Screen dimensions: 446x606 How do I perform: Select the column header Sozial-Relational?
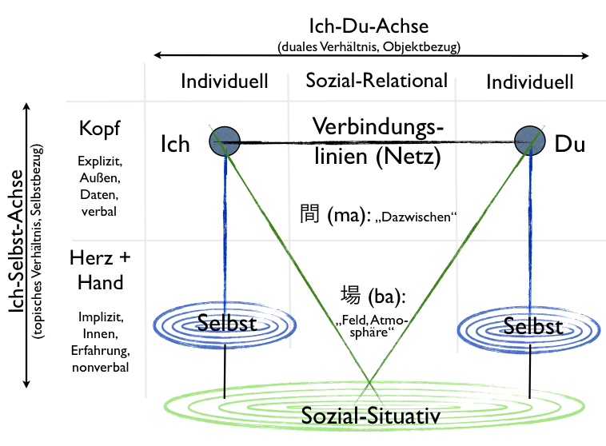pos(377,81)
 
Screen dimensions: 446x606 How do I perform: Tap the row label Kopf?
pos(101,129)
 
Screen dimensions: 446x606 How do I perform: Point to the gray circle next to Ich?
pos(225,141)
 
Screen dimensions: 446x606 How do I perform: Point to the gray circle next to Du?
pos(530,141)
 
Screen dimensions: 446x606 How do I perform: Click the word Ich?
pos(175,144)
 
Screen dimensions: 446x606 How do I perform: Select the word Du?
pos(569,145)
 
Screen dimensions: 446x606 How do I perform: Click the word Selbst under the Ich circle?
pos(226,324)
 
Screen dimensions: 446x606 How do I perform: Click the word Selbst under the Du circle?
pos(533,326)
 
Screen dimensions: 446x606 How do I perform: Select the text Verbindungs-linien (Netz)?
pos(377,141)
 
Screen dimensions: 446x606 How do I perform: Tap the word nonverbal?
pos(101,366)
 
